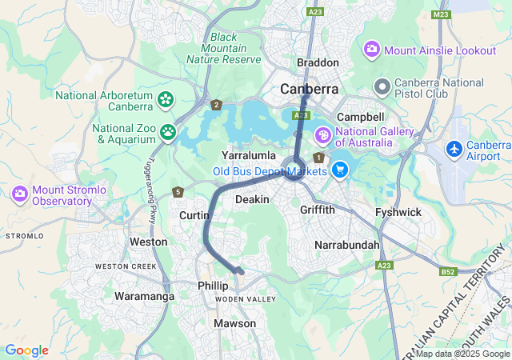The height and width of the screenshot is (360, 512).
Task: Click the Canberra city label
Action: click(309, 89)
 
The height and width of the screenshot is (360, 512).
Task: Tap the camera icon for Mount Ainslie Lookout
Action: click(372, 50)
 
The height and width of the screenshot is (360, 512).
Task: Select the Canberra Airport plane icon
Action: click(455, 149)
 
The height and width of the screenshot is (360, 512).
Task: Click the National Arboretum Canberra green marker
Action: click(166, 100)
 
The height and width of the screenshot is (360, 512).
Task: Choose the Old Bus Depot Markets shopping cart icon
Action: click(340, 169)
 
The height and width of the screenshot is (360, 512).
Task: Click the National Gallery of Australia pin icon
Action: click(324, 134)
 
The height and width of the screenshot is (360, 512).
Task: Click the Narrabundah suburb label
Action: click(347, 243)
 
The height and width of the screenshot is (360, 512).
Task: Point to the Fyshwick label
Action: click(398, 212)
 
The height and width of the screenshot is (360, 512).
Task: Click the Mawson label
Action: click(234, 323)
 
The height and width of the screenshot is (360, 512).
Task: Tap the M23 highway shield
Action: click(440, 14)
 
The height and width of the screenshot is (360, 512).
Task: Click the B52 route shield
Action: click(448, 272)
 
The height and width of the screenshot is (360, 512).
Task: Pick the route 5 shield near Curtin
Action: click(178, 192)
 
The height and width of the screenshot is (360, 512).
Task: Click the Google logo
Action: click(26, 350)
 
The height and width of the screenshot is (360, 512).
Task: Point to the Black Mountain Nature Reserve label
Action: click(224, 48)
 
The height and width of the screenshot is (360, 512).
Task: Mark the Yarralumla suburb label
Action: click(249, 154)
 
